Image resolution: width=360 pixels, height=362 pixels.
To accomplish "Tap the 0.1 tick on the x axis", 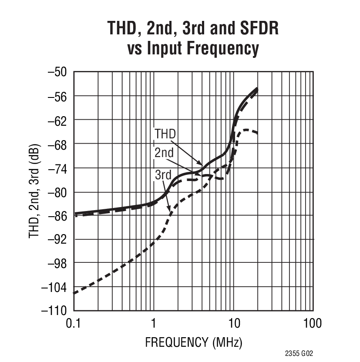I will coord(74,323).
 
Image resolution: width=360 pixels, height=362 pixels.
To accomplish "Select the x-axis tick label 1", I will coord(153,323).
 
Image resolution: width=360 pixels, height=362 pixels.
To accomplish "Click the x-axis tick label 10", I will coord(233,323).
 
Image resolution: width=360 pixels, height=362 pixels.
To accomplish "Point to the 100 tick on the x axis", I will coord(313,323).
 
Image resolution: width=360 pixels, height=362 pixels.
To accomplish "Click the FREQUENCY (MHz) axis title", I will coord(193,342).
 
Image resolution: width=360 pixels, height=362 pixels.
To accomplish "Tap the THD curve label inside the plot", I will coord(165,134).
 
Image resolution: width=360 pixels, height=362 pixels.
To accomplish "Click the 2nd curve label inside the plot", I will coord(164,153).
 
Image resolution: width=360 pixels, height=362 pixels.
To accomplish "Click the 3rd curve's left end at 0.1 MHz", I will coord(74,293).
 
